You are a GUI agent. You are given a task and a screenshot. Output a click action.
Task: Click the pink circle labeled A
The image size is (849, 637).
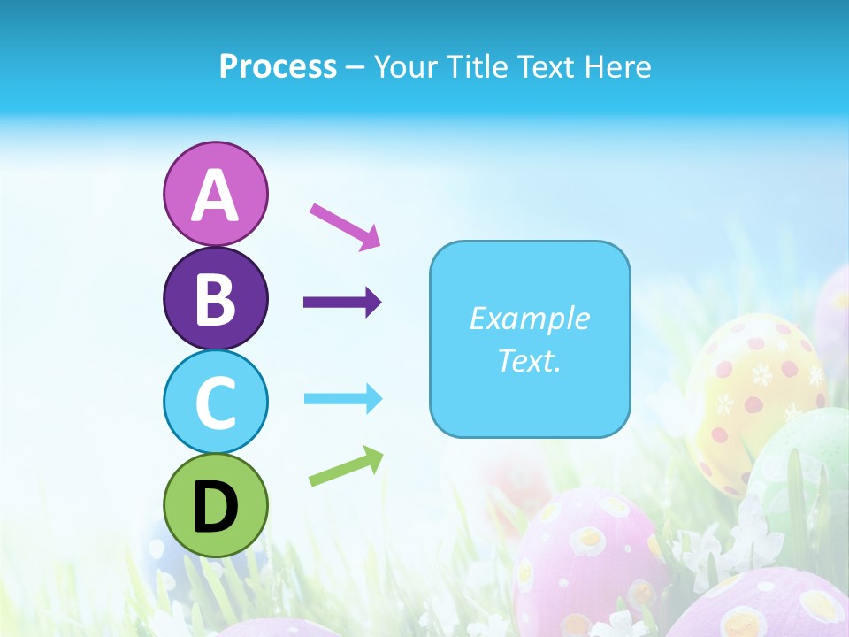(215, 194)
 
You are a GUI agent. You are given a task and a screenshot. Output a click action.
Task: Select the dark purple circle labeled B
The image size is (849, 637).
(215, 298)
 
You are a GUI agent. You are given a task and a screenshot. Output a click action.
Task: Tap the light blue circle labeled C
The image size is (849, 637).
(215, 402)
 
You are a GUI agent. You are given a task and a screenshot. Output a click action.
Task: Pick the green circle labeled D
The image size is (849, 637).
(215, 505)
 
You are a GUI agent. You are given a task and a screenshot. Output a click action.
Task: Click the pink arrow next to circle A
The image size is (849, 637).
(345, 226)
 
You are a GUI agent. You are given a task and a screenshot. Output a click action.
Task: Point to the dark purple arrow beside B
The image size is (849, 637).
(342, 303)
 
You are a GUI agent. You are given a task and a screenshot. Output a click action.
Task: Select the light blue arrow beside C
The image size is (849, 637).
(343, 398)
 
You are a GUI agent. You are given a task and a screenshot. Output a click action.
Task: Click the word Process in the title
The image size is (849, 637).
(278, 66)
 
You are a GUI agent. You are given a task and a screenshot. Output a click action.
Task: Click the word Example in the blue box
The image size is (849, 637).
(529, 318)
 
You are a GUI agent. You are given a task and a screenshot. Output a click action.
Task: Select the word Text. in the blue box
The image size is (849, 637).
(529, 360)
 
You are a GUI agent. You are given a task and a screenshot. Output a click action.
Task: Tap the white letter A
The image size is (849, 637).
(215, 196)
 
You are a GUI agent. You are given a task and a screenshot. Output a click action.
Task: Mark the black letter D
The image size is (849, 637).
(215, 507)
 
